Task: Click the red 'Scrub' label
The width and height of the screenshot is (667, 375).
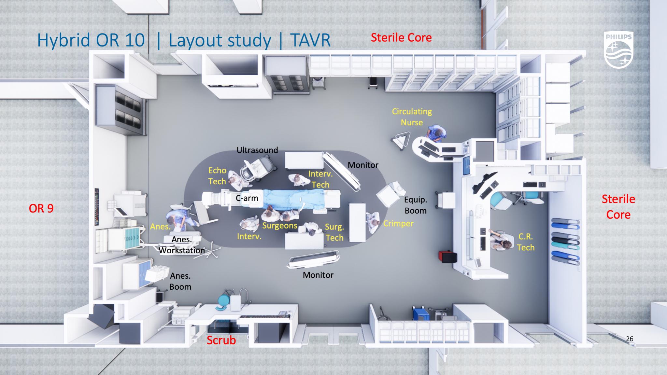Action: click(221, 340)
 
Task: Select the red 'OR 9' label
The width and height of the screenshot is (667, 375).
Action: click(41, 208)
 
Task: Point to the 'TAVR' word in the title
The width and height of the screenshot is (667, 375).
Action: click(310, 40)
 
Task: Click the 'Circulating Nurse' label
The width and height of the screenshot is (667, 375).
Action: click(412, 117)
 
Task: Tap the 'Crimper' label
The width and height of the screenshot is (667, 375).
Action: click(398, 224)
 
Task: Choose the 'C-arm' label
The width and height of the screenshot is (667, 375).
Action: click(247, 198)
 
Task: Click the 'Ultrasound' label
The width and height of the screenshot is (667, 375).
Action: click(257, 150)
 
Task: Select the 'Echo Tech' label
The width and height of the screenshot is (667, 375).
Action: click(217, 176)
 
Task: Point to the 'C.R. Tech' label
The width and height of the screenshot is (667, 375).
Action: click(526, 242)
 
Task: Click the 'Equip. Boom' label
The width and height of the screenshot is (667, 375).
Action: click(415, 205)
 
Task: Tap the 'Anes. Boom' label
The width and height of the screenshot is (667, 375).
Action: click(180, 281)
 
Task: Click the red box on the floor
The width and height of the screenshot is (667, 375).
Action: click(447, 257)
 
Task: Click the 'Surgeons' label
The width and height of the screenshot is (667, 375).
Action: click(279, 226)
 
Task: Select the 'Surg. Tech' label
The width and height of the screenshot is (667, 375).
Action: click(334, 232)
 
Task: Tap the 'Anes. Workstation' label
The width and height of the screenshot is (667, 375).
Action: click(182, 245)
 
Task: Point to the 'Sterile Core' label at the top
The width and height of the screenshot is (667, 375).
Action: click(401, 38)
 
